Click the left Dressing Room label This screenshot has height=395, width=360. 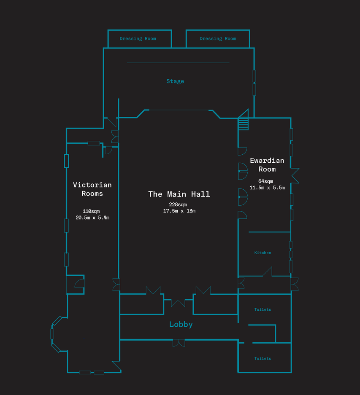138,38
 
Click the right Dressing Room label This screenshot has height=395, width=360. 218,38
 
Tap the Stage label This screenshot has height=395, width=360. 175,81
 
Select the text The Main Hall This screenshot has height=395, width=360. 179,194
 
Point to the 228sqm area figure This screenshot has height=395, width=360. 178,204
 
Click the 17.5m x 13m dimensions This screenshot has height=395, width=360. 179,211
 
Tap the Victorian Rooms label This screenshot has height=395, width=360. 92,189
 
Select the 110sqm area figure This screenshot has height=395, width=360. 91,211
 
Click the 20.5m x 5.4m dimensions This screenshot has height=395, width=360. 92,218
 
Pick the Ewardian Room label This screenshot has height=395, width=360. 267,165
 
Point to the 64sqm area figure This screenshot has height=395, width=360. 265,181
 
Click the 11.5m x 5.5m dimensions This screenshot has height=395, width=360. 267,188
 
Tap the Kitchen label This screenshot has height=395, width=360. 263,253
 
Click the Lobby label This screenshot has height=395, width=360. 181,324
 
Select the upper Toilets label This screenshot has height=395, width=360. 263,309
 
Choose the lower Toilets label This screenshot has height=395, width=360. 263,358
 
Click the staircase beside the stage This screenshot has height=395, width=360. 244,124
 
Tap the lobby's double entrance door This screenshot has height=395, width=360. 179,343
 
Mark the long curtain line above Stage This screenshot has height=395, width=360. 178,63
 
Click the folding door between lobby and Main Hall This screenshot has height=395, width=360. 178,303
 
